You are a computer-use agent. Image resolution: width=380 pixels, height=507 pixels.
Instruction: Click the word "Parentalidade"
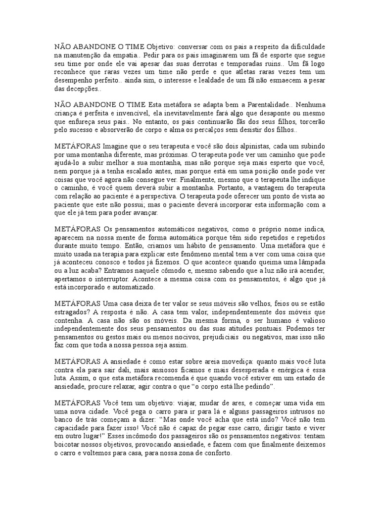click(265, 105)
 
